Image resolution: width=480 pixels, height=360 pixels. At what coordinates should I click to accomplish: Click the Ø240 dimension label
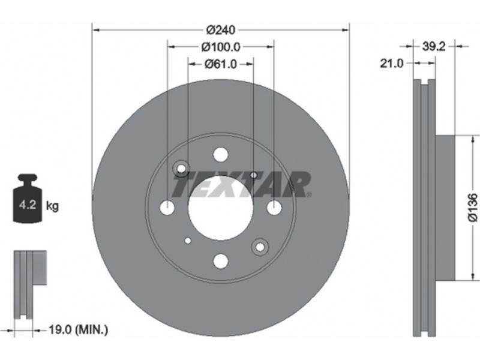[221, 30]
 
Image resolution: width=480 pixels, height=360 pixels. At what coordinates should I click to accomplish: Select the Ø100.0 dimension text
[221, 47]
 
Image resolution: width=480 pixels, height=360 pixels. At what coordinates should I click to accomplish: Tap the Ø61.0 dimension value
[221, 64]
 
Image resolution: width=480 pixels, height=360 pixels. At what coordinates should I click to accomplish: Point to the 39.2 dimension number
[433, 47]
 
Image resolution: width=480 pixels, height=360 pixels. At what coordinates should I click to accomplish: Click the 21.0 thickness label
[392, 64]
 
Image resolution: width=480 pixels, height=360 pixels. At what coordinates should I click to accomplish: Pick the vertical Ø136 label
[473, 207]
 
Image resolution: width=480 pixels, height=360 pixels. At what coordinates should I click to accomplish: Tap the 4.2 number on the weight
[28, 205]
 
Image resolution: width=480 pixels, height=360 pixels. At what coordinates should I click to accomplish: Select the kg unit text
[52, 206]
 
